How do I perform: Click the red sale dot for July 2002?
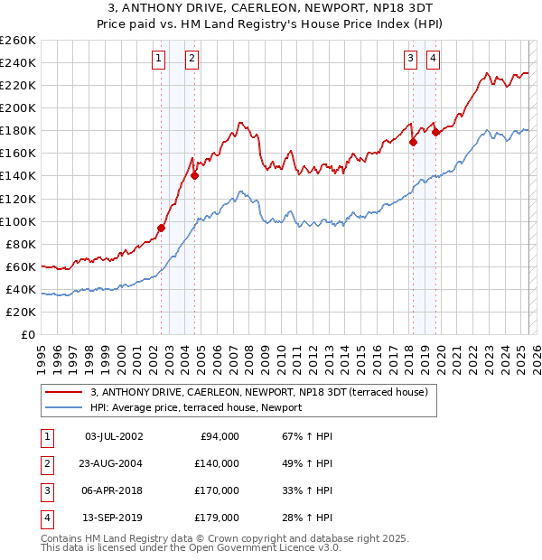coord(162,229)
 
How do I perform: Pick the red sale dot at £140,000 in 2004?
coord(195,176)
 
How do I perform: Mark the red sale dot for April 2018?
coord(413,142)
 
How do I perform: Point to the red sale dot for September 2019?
coord(435,132)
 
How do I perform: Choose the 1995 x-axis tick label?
coord(42,357)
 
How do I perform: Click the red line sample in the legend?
coord(64,391)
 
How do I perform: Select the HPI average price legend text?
coord(195,407)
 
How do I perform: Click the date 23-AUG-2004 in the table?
coord(113,463)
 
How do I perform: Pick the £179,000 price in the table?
coord(217,518)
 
